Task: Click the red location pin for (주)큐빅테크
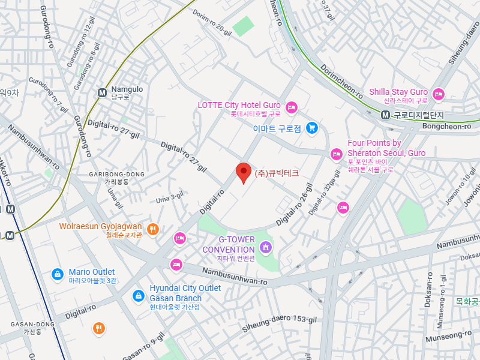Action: pos(243,172)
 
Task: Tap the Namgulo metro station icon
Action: pos(102,92)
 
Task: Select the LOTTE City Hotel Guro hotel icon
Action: pos(291,108)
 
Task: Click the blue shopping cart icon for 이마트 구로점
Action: pos(311,128)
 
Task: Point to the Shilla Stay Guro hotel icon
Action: pos(439,94)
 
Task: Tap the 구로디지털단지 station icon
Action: pos(386,115)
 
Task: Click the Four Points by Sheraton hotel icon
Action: pos(337,155)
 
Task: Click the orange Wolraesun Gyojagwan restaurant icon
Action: pos(153,229)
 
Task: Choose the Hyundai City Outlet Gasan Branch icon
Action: pos(139,295)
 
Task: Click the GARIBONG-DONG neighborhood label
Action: pos(116,175)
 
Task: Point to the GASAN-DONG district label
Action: pos(32,325)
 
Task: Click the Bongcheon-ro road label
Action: pos(446,127)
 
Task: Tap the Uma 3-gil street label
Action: pos(169,196)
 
